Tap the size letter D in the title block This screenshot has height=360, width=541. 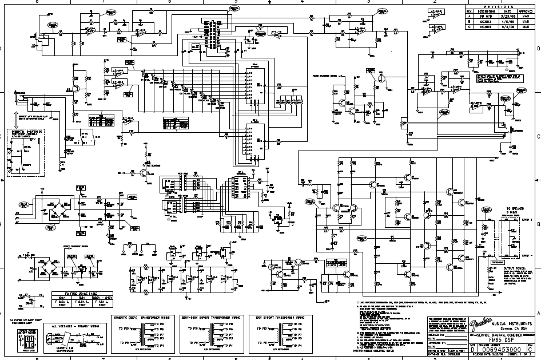(472, 349)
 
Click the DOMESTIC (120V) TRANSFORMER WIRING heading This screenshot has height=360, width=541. (141, 316)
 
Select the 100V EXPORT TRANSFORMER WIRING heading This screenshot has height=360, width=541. (281, 316)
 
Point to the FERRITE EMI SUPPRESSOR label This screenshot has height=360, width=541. (63, 350)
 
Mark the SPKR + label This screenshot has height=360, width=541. (527, 220)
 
